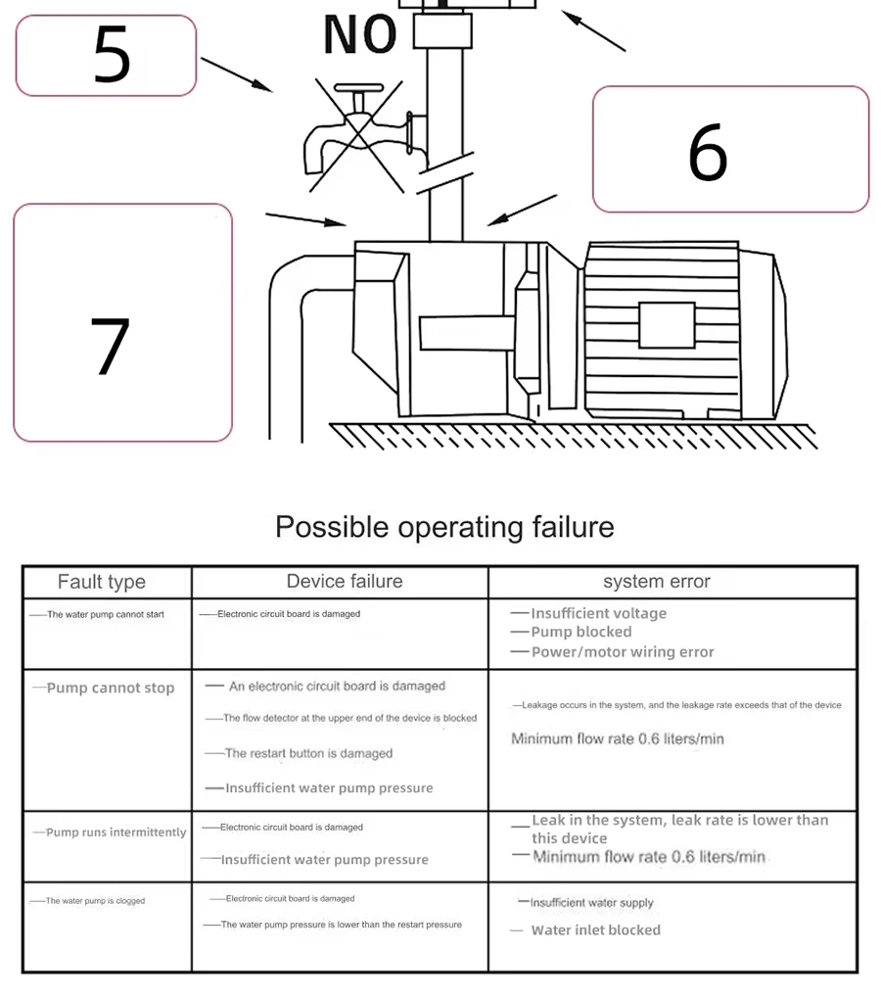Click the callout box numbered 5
pyautogui.click(x=106, y=56)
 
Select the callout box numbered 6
pyautogui.click(x=730, y=149)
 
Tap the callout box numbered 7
pyautogui.click(x=122, y=322)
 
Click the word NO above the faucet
pyautogui.click(x=359, y=34)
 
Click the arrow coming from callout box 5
pyautogui.click(x=236, y=73)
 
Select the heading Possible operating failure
pyautogui.click(x=444, y=527)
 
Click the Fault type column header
pyautogui.click(x=102, y=582)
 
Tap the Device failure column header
pyautogui.click(x=345, y=582)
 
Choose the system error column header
pyautogui.click(x=656, y=582)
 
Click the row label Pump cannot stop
pyautogui.click(x=110, y=688)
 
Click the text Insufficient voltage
pyautogui.click(x=598, y=613)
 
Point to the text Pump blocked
pyautogui.click(x=581, y=632)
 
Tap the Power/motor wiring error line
pyautogui.click(x=623, y=651)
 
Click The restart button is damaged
pyautogui.click(x=308, y=753)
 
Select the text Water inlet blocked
pyautogui.click(x=595, y=929)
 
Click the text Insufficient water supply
pyautogui.click(x=591, y=903)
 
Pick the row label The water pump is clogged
pyautogui.click(x=95, y=901)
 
